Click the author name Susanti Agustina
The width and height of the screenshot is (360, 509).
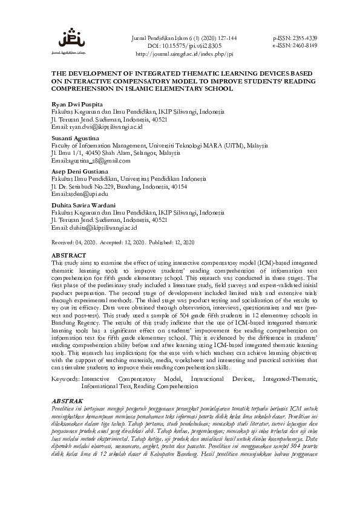[76, 138]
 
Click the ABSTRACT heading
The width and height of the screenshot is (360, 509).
[69, 256]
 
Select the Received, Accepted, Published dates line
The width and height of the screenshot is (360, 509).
[123, 242]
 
